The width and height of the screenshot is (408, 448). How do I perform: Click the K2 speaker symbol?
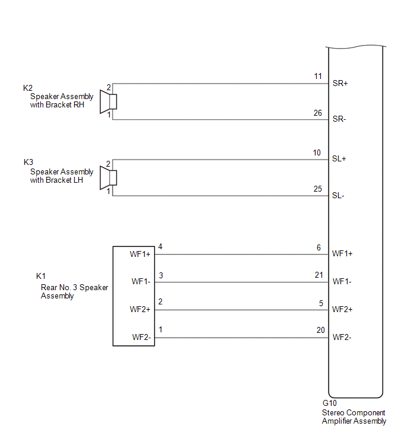[x=108, y=101]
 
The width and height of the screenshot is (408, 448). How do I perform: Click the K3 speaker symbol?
[x=108, y=177]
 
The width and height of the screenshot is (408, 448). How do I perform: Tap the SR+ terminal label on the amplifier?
[x=340, y=84]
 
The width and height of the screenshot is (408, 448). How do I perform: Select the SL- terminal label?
[x=338, y=196]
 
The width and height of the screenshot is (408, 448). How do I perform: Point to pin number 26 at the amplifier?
[x=317, y=113]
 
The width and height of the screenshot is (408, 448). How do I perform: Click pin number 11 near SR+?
[x=318, y=77]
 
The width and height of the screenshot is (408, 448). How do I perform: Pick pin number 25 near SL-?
[x=317, y=189]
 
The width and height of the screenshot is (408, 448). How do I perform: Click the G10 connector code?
[x=330, y=403]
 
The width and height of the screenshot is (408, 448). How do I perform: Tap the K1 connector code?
[x=41, y=276]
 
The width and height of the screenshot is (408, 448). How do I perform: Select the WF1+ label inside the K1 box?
[x=140, y=255]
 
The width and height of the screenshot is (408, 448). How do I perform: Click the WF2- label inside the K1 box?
[x=142, y=338]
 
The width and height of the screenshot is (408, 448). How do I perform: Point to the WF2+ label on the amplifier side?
[x=342, y=309]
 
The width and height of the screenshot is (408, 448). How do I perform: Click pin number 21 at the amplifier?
[x=319, y=275]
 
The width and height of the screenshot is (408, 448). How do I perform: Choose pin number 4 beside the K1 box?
[x=160, y=247]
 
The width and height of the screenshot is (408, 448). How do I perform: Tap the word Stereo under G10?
[x=333, y=413]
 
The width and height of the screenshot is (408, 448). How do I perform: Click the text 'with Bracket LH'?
[x=56, y=180]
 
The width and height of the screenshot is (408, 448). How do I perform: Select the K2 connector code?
[x=28, y=88]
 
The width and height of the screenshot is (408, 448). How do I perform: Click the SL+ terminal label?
[x=339, y=159]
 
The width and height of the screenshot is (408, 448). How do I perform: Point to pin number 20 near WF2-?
[x=321, y=331]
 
